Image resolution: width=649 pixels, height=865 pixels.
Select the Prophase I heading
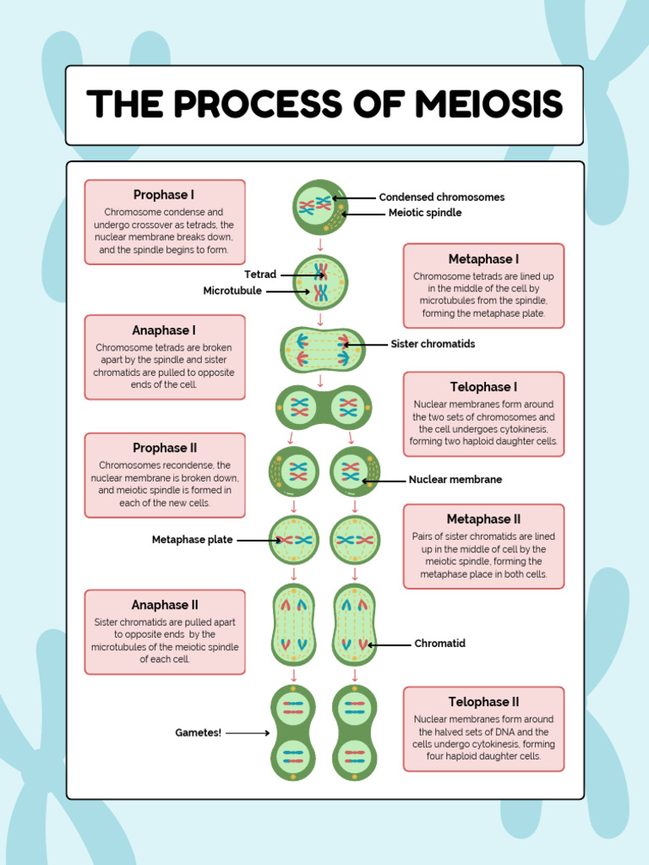coord(164,195)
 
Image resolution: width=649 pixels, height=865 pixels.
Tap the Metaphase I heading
coord(483,259)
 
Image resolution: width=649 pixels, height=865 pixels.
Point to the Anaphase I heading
coord(164,330)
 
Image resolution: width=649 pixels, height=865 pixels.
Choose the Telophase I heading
coord(483,388)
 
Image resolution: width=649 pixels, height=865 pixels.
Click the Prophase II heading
coord(164,449)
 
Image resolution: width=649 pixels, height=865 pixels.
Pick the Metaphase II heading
coord(483,520)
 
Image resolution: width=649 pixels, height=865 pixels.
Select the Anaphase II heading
coord(164,605)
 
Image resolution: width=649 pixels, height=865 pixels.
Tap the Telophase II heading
coord(483,702)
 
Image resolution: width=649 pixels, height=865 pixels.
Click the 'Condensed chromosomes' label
coord(441,198)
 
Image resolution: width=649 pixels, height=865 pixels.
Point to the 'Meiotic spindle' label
coord(424,214)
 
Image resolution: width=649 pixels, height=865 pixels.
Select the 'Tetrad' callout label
coord(260,275)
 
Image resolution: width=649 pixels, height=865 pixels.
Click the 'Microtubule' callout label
coord(232,291)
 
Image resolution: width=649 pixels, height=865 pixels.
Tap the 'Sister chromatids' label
coord(433,345)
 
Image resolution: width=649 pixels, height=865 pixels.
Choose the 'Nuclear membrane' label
coord(455,480)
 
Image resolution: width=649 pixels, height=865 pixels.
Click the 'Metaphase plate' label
coord(192,540)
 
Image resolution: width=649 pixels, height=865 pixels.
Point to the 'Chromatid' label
coord(439,644)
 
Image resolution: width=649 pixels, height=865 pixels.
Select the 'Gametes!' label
coord(199,733)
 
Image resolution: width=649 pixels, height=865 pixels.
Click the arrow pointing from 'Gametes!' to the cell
coord(248,733)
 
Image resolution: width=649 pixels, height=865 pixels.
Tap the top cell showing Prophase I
coord(320,207)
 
